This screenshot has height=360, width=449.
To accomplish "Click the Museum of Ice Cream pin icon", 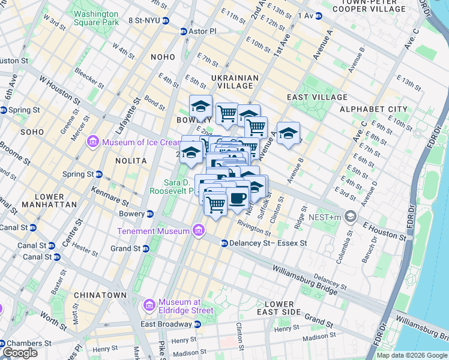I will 92,142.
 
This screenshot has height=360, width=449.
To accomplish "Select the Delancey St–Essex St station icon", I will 224,243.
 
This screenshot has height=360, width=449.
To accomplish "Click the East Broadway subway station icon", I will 197,324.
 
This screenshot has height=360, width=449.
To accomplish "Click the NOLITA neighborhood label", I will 131,161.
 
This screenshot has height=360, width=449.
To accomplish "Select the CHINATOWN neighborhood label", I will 100,295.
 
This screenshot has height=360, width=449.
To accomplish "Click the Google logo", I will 20,353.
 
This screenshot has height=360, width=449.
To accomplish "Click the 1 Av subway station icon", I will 318,15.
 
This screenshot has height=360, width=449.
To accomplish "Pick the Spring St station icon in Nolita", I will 99,174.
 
